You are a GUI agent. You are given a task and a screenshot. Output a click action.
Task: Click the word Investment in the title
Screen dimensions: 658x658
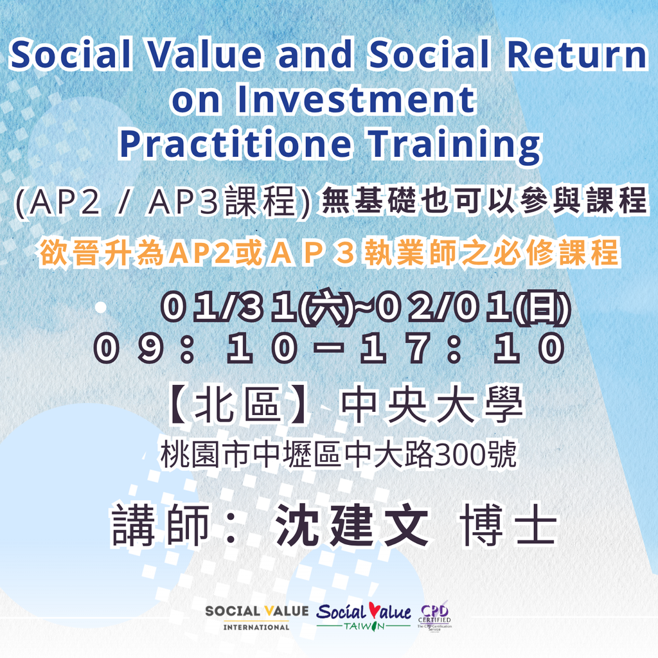356,100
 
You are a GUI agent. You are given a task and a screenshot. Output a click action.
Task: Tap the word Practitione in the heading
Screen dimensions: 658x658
235,143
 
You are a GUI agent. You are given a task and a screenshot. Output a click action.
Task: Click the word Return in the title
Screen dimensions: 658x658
578,55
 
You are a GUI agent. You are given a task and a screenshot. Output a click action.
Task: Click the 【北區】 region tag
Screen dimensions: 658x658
239,405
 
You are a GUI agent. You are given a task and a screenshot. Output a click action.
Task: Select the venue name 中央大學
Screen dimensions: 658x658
432,405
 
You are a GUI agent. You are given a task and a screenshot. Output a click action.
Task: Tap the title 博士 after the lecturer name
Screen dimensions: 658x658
509,525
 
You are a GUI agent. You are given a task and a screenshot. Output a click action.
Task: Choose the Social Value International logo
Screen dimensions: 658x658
257,618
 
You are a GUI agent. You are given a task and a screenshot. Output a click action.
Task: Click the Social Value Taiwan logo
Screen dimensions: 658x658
364,616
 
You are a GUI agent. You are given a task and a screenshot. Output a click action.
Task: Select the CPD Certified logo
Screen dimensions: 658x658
434,616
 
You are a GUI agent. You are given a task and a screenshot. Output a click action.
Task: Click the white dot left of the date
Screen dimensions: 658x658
100,308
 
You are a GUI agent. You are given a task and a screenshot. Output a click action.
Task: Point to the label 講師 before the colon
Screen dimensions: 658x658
160,525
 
